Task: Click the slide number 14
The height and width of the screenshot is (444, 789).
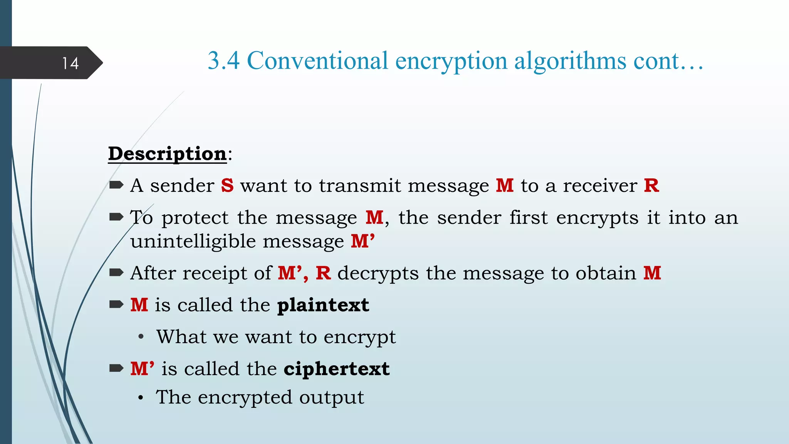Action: click(x=71, y=63)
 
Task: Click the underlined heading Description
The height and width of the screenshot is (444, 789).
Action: click(x=167, y=154)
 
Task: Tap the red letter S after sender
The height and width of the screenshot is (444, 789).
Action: click(x=227, y=185)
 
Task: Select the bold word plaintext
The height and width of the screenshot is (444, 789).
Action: click(x=323, y=305)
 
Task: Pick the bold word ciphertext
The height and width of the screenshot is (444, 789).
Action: click(x=337, y=369)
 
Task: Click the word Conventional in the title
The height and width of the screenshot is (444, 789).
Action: click(x=317, y=61)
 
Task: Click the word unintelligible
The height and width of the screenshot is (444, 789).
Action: click(x=193, y=242)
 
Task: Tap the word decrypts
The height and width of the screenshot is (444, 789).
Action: click(x=378, y=274)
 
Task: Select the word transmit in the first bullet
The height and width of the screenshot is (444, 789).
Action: click(x=360, y=186)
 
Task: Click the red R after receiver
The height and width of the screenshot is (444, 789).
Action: click(x=651, y=185)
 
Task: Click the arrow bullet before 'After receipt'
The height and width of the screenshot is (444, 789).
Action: click(x=116, y=273)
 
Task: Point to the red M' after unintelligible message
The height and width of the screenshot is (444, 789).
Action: click(x=363, y=241)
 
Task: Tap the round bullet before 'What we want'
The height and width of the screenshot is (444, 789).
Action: click(x=141, y=337)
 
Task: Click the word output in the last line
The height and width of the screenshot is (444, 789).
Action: click(x=331, y=397)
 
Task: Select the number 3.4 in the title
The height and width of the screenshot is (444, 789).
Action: click(x=223, y=61)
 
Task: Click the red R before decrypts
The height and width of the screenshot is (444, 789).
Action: click(x=323, y=273)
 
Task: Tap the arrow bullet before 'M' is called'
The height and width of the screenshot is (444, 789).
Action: click(x=116, y=368)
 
